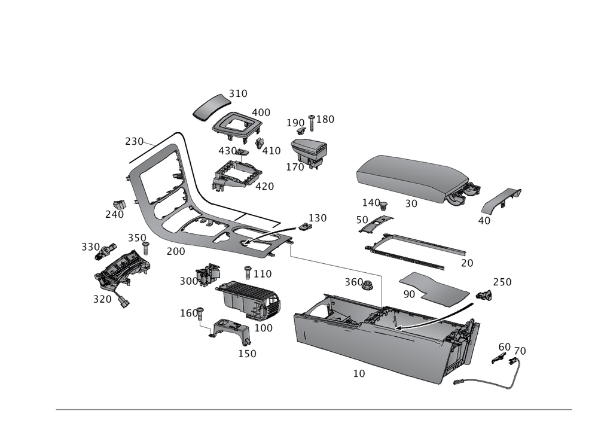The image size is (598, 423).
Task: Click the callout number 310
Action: point(238,94)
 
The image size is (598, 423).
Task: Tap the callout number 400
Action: point(261,112)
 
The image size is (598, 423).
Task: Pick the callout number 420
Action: point(264,186)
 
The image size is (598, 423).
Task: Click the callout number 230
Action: point(135,142)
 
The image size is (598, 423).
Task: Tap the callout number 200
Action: point(176,252)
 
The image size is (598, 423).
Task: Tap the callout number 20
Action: point(467,263)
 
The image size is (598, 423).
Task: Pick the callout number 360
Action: point(354,281)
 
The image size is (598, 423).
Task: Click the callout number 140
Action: point(371,202)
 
